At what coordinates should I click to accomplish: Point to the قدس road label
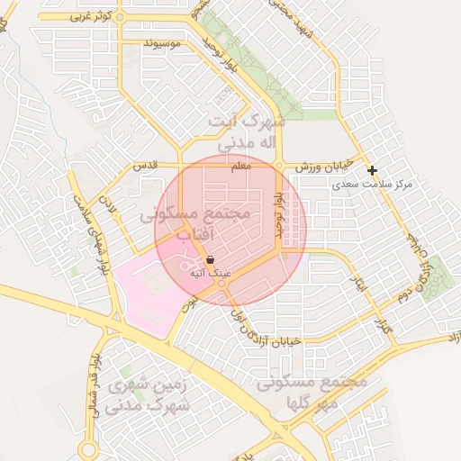pos(146,166)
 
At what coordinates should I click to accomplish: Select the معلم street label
pos(241,166)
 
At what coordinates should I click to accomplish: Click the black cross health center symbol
pos(372,169)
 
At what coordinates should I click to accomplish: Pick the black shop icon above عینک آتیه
pos(210,259)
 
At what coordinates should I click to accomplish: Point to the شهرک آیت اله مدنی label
pos(245,131)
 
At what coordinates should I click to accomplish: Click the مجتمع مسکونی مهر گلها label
pos(312,392)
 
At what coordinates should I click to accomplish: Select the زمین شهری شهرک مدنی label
pos(149,395)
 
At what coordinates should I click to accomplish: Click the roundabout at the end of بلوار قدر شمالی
pos(89,449)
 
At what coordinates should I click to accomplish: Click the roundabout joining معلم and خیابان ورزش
pos(279,166)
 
